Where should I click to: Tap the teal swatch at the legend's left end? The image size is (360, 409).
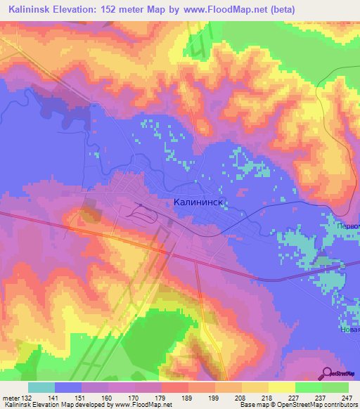(x=41, y=387)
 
